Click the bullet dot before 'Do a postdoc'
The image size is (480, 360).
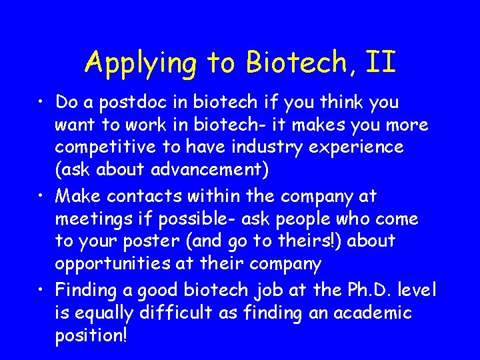pos(42,103)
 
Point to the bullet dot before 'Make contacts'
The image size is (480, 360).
pos(42,197)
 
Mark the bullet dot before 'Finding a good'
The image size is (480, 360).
pos(42,291)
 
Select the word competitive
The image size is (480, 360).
pos(108,147)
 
